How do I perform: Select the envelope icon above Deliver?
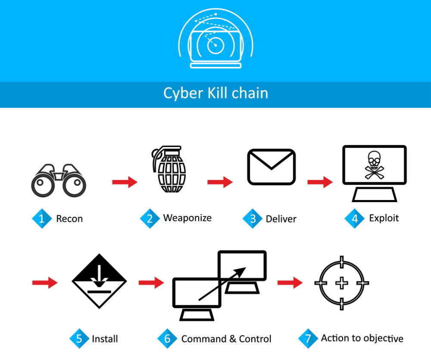point(271,167)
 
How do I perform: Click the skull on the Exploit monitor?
point(374,165)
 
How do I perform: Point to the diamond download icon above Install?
point(99,281)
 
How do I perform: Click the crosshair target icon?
point(342,283)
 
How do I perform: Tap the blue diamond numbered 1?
point(42,219)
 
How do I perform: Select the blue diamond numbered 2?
point(150,219)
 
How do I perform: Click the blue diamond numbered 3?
point(252,219)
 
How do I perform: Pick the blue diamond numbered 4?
point(355,219)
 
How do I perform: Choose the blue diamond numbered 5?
point(79,338)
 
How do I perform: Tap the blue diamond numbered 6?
point(167,338)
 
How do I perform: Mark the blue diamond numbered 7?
point(308,338)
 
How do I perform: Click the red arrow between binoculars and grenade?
point(125,182)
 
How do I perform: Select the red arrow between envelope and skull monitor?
point(320,182)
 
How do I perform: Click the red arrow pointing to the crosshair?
point(290,282)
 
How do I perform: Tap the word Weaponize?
point(187,218)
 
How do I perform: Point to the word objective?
point(383,338)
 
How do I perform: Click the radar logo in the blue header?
point(216,38)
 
